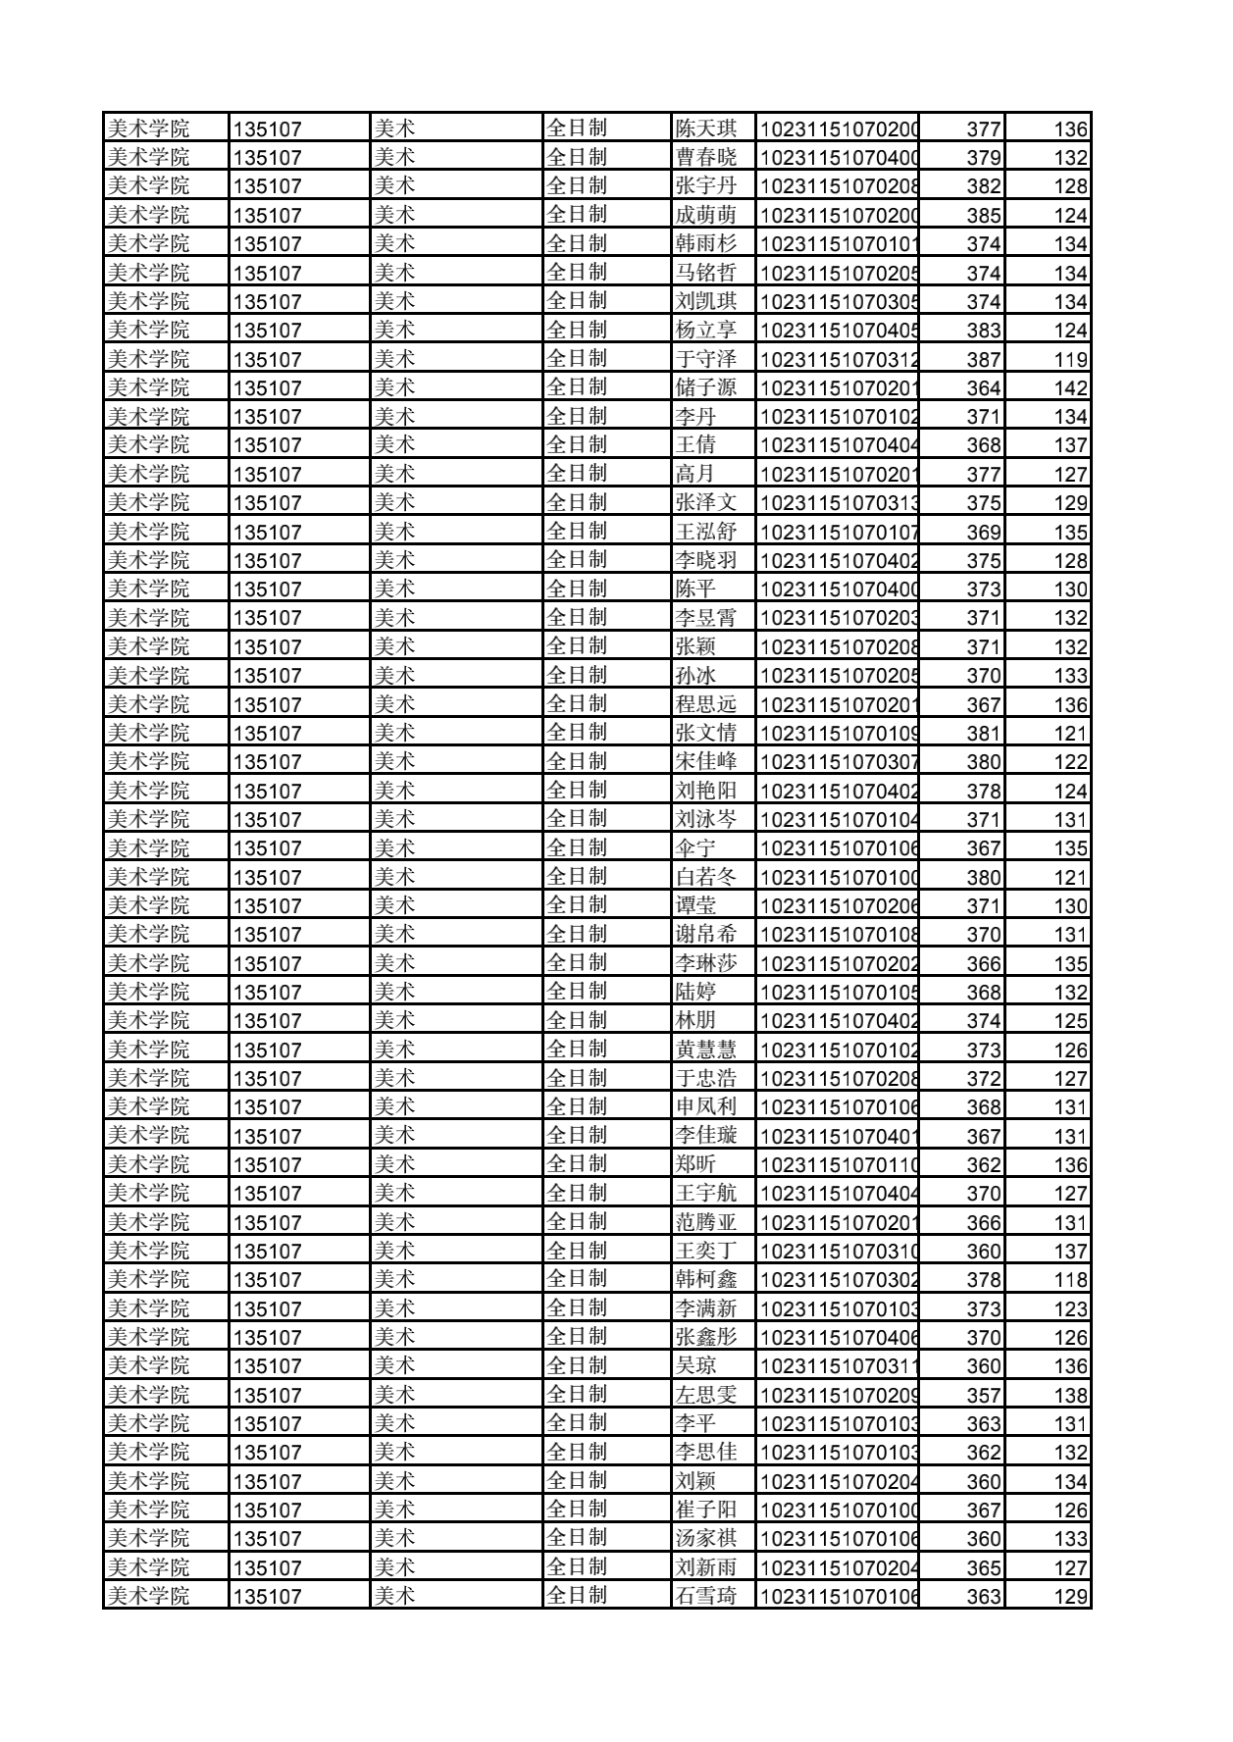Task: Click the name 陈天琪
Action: pyautogui.click(x=705, y=128)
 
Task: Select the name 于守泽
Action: pyautogui.click(x=705, y=359)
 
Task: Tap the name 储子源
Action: pyautogui.click(x=705, y=387)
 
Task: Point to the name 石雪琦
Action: pyautogui.click(x=705, y=1596)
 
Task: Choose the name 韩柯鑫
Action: pyautogui.click(x=705, y=1279)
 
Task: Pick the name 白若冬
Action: pyautogui.click(x=705, y=877)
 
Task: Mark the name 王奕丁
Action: pyautogui.click(x=705, y=1251)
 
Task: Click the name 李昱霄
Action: pyautogui.click(x=705, y=618)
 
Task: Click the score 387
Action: pyautogui.click(x=983, y=359)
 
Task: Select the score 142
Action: pyautogui.click(x=1070, y=387)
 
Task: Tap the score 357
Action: pyautogui.click(x=983, y=1395)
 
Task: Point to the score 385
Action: pyautogui.click(x=983, y=215)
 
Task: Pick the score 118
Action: pyautogui.click(x=1070, y=1279)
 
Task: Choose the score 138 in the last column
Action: pyautogui.click(x=1070, y=1395)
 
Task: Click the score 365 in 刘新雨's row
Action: pyautogui.click(x=983, y=1567)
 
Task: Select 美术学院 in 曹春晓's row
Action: pyautogui.click(x=148, y=157)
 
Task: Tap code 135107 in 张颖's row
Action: pyautogui.click(x=268, y=646)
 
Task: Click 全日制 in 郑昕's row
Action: pyautogui.click(x=577, y=1164)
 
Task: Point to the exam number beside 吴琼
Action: pyautogui.click(x=839, y=1366)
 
